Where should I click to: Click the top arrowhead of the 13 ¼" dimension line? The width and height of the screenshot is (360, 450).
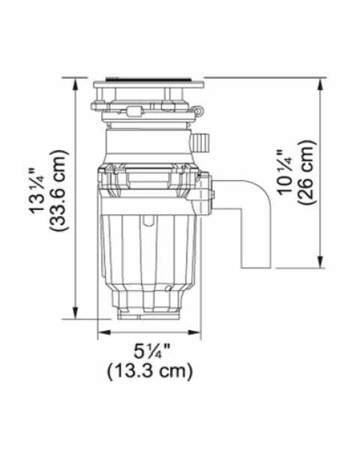[76, 82]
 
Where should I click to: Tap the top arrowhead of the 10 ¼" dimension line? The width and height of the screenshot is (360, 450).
[322, 82]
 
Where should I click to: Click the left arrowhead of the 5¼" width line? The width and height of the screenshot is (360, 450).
[101, 332]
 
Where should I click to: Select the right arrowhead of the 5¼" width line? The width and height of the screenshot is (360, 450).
[200, 332]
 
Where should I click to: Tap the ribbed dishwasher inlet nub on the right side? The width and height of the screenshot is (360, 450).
[202, 140]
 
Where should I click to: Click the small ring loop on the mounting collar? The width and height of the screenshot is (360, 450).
[199, 111]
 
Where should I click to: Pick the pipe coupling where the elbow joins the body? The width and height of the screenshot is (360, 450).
[209, 191]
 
